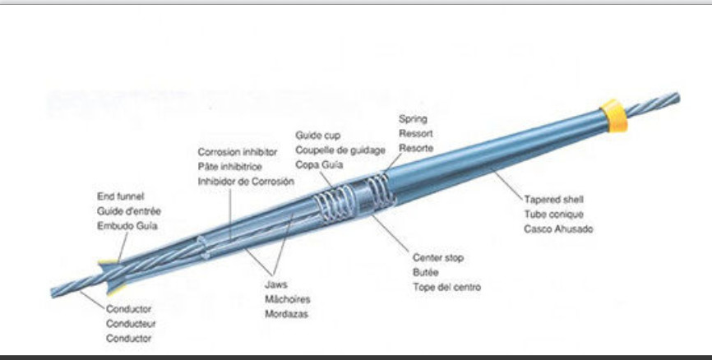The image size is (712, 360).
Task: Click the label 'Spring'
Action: [x=413, y=119]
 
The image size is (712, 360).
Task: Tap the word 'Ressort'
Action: [x=416, y=133]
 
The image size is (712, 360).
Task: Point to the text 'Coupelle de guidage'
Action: [x=340, y=150]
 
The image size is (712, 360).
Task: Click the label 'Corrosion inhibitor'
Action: [x=238, y=152]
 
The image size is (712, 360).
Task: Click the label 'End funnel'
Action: [x=121, y=196]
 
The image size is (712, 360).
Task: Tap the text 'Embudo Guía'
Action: [x=127, y=225]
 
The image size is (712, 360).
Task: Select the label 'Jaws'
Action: [x=275, y=284]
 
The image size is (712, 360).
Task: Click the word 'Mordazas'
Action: [x=287, y=314]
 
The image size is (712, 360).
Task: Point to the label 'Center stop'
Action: [x=438, y=258]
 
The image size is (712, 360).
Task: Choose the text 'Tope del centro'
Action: [x=446, y=288]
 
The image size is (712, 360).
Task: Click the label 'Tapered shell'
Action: [x=553, y=200]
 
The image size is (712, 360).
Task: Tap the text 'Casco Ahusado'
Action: [x=558, y=229]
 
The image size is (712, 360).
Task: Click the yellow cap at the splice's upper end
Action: [x=613, y=115]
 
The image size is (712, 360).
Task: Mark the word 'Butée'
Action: [x=425, y=273]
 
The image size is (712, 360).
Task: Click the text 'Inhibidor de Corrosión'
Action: [x=246, y=181]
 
